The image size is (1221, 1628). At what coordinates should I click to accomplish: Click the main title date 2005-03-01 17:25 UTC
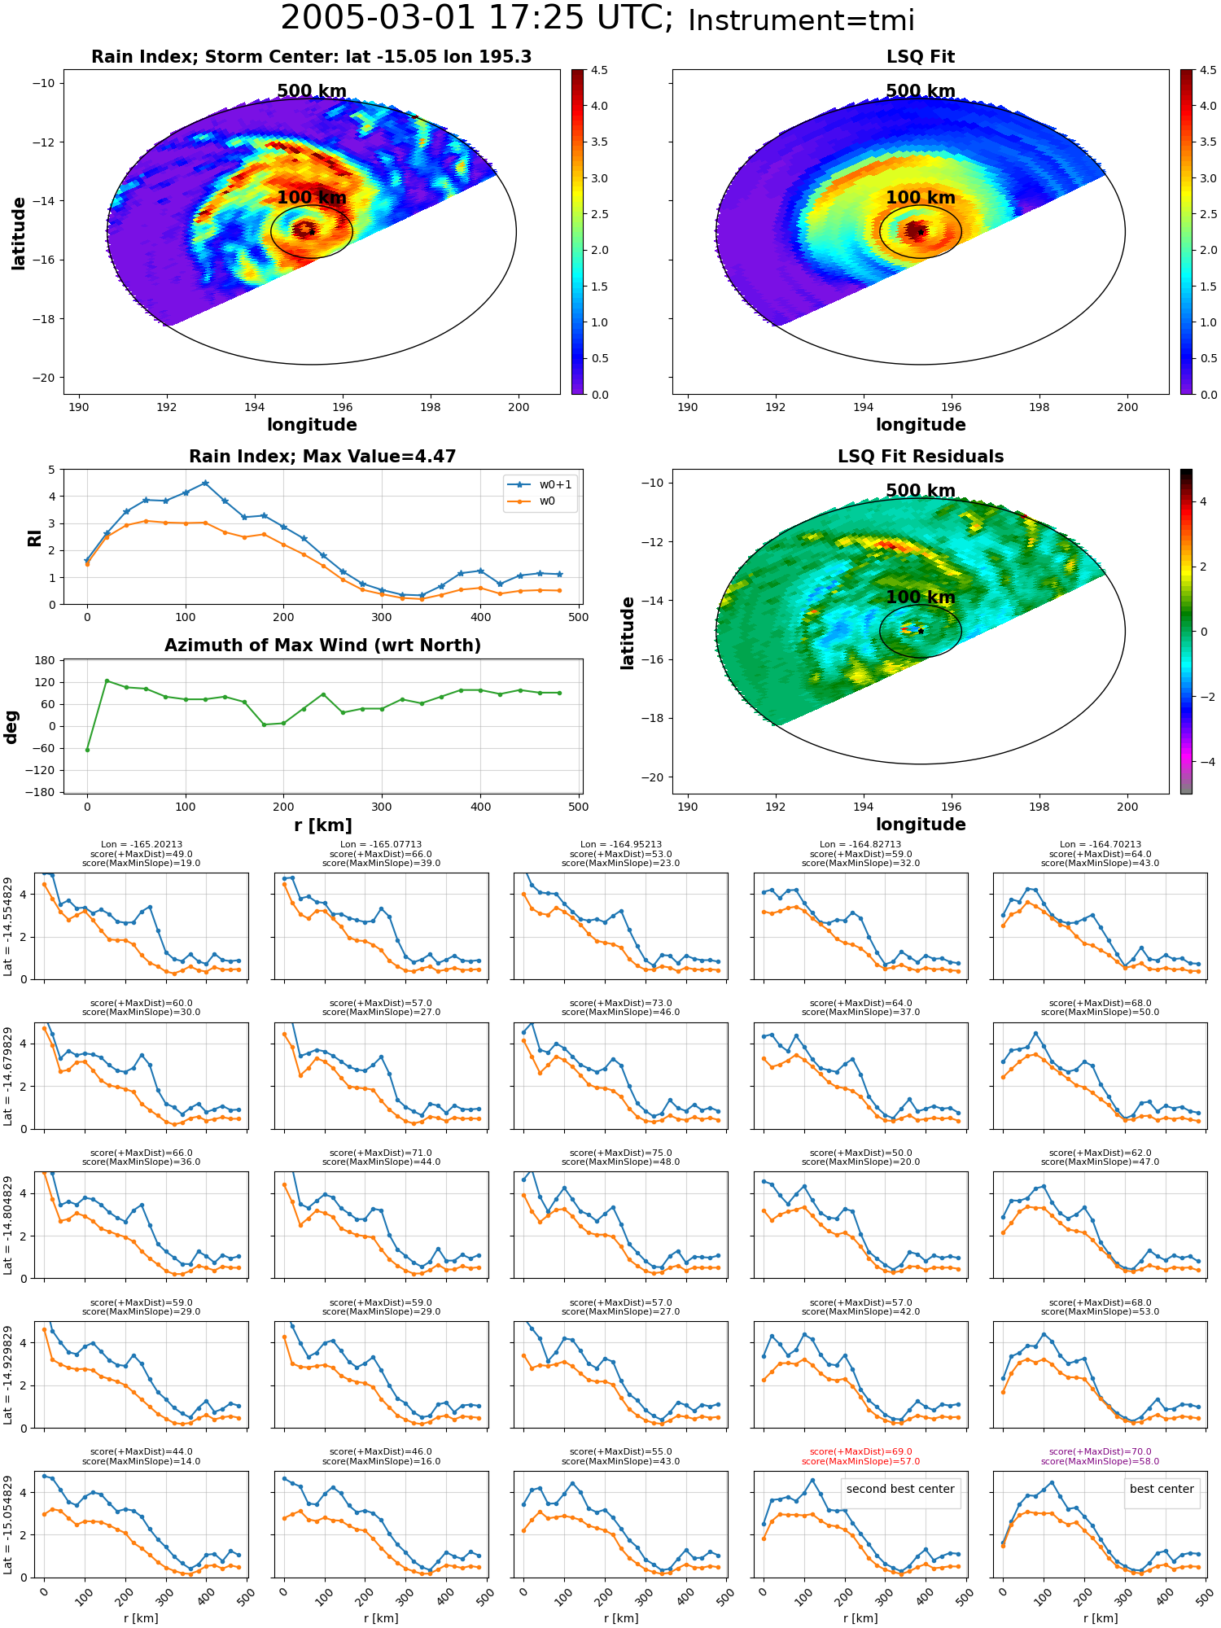(476, 19)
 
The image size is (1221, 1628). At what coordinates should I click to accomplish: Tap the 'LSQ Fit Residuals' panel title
(921, 457)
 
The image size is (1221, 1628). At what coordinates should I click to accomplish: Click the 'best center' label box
(1162, 1489)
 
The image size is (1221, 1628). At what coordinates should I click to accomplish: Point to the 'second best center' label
(900, 1489)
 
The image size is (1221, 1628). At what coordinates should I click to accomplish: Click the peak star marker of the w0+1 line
(205, 483)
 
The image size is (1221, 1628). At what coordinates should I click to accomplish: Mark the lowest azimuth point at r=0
(87, 750)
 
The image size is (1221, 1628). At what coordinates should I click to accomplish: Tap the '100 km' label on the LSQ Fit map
(921, 198)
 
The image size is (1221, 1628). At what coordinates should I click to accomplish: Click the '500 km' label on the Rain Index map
(312, 91)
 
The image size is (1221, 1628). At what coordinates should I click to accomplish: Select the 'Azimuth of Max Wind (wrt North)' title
(323, 646)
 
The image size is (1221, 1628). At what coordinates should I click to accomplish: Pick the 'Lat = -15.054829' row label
(8, 1524)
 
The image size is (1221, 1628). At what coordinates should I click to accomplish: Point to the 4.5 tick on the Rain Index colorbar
(599, 70)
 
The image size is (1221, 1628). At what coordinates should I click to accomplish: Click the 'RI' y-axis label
(34, 537)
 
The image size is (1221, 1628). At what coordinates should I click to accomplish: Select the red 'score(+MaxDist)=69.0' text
(860, 1451)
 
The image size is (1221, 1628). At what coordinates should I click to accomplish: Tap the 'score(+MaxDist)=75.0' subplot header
(621, 1153)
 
